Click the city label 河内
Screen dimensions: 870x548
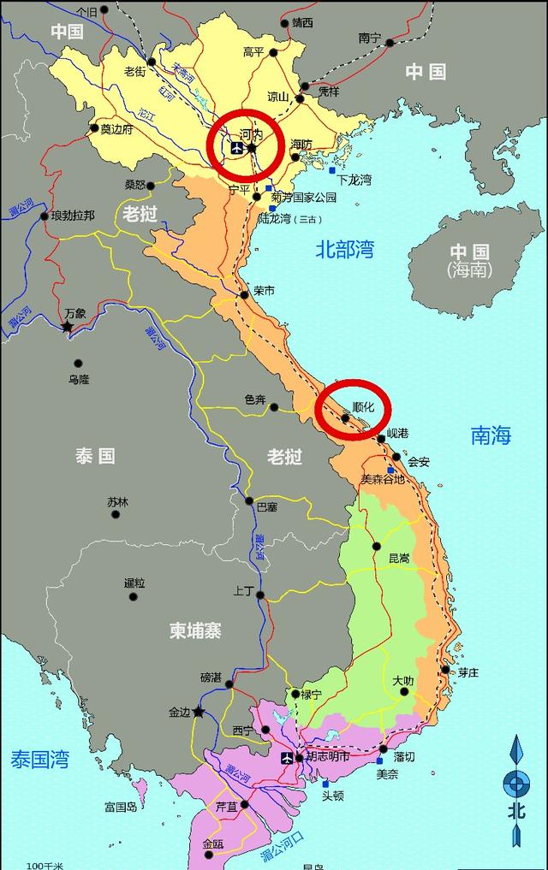[x=251, y=134]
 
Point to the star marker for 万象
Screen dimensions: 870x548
[x=68, y=326]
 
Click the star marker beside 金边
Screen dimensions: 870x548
[x=199, y=711]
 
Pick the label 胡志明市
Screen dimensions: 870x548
[x=328, y=757]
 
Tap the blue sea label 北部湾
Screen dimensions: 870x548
[x=345, y=250]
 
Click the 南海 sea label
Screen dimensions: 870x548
[x=491, y=435]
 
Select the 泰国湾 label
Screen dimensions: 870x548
[x=39, y=759]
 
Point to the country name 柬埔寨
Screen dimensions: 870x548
[x=195, y=630]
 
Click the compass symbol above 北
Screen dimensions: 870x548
[x=515, y=781]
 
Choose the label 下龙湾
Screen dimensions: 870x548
[x=354, y=181]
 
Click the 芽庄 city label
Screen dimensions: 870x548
[x=468, y=672]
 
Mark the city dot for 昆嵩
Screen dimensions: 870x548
[x=376, y=546]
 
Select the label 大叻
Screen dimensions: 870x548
[x=402, y=681]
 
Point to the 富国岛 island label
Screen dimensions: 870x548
[x=121, y=807]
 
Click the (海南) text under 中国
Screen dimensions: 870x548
[x=469, y=269]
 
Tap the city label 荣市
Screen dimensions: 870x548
[x=264, y=291]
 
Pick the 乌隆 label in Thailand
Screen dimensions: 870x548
[x=79, y=379]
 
